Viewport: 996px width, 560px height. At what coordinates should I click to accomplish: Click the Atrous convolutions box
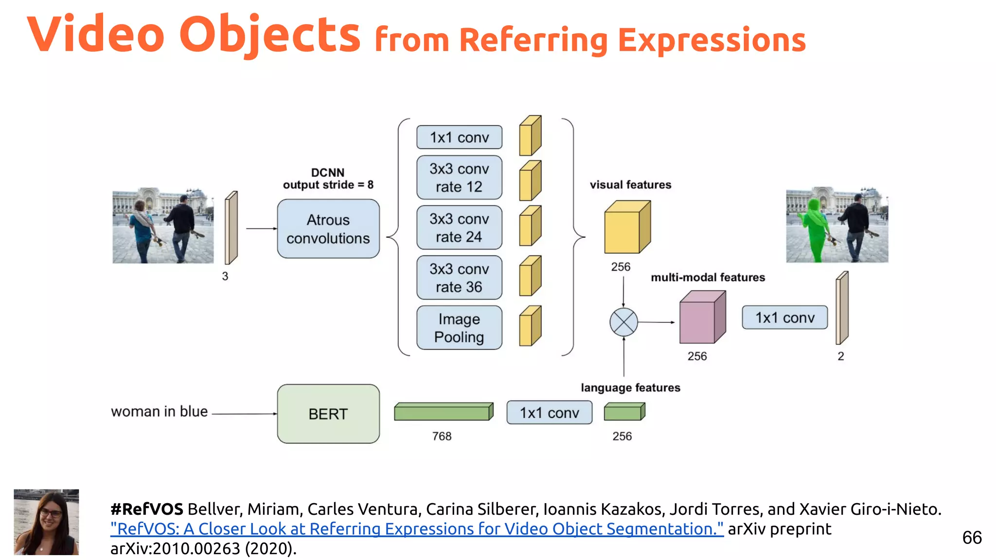click(x=328, y=228)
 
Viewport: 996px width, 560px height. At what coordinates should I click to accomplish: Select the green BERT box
click(x=328, y=414)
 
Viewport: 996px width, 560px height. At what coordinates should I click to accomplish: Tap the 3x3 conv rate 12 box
click(x=459, y=177)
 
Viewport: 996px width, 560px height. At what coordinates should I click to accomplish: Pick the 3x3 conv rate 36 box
click(x=459, y=278)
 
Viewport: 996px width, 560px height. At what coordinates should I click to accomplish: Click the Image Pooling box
click(x=459, y=328)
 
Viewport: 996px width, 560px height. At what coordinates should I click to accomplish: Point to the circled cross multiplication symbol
click(x=623, y=322)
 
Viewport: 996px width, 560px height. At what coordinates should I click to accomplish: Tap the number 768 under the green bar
click(x=442, y=436)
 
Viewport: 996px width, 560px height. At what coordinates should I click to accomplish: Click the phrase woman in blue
click(x=159, y=411)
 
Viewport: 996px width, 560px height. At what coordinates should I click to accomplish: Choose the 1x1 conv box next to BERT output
click(x=549, y=413)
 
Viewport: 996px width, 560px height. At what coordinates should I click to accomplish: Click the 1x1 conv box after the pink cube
click(x=784, y=317)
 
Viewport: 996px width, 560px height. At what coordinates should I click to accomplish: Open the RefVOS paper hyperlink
click(x=417, y=528)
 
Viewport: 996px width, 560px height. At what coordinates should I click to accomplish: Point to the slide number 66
click(x=972, y=538)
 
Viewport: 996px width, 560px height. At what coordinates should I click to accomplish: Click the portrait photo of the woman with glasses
click(x=46, y=522)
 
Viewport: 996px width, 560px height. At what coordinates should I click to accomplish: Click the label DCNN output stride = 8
click(x=328, y=179)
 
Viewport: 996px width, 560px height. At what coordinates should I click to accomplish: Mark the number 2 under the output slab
click(x=840, y=356)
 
